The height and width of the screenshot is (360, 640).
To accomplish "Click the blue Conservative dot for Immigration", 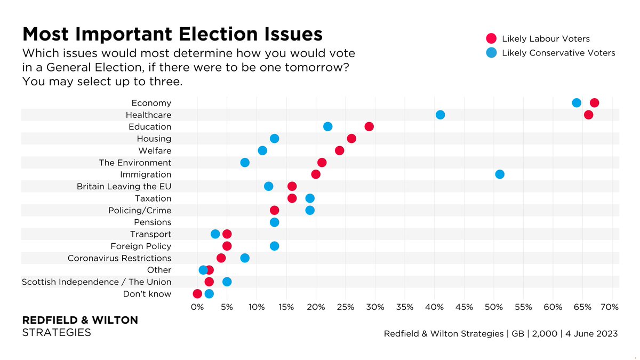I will pos(500,174).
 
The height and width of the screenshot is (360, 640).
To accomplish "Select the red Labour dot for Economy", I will pos(594,103).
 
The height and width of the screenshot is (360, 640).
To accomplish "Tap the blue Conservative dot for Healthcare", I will pos(440,115).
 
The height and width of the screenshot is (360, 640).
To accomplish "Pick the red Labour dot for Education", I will pos(369,127).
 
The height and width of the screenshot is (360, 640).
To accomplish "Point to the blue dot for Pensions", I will pos(274,222).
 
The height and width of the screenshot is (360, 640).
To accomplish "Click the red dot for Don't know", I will pos(197,294).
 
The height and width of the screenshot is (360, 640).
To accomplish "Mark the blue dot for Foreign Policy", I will pos(274,246).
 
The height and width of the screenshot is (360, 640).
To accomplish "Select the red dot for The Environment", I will pos(322,163).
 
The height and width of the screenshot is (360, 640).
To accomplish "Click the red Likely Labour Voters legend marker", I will pos(491,38).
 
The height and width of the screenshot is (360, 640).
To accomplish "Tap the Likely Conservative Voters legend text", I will pos(558,53).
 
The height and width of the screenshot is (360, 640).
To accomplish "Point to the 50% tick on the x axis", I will pos(493,307).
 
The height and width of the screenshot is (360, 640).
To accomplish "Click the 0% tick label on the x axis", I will pos(197,307).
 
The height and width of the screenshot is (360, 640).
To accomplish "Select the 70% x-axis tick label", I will pos(610,307).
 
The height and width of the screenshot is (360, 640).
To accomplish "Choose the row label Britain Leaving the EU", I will pos(124,187).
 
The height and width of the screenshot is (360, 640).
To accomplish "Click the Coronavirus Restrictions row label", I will pos(119,258).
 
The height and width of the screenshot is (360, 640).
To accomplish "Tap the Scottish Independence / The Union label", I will pos(97,282).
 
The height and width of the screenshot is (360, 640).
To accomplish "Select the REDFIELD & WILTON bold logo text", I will pos(79,320).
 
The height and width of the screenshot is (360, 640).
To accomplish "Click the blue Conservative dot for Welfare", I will pos(262,150).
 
